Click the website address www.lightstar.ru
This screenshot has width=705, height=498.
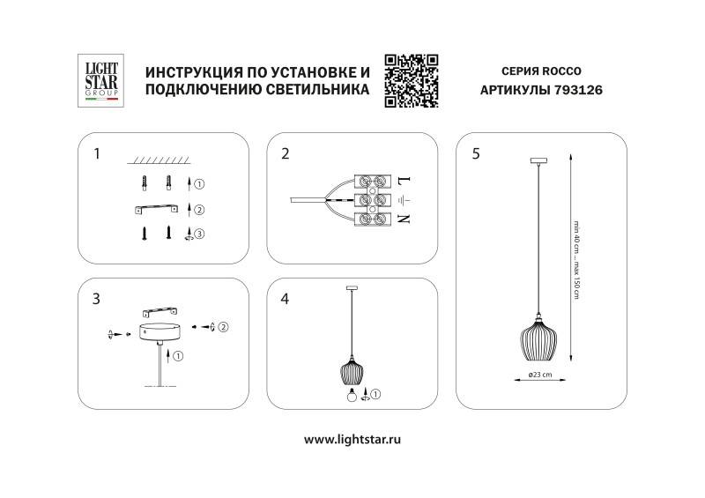coord(352,438)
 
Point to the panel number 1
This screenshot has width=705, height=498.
coord(96,153)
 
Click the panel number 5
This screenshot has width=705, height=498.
coord(476,153)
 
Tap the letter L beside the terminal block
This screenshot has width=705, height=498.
coord(404,180)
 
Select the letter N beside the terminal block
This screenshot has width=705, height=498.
coord(404,218)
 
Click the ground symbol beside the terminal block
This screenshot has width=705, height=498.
coord(404,199)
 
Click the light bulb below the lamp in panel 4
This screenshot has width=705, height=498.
coord(349,394)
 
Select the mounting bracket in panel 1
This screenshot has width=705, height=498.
coord(156,209)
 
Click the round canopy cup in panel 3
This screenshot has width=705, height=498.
coord(160,332)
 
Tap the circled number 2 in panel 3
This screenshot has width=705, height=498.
coord(223,327)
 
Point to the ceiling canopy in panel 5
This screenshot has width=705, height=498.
coord(535,160)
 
